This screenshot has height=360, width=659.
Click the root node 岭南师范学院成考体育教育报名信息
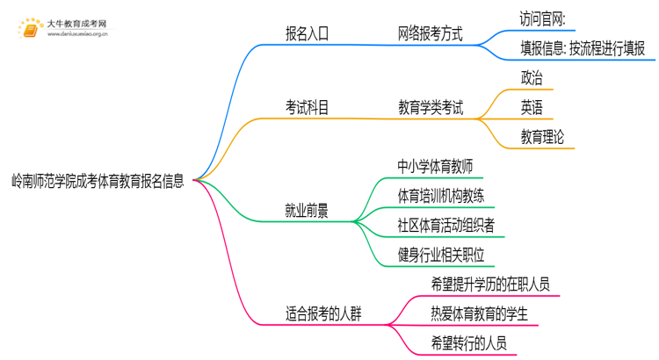[98, 182]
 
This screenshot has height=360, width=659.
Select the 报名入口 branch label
[307, 35]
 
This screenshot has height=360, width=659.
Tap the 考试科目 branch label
[307, 108]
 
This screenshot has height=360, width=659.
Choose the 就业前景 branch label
[307, 210]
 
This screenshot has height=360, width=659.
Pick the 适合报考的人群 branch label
[324, 313]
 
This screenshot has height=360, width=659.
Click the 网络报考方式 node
[430, 35]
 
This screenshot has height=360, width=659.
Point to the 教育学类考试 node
[430, 108]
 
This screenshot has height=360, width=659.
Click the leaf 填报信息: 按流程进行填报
[582, 49]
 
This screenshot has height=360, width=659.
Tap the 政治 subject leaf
[532, 78]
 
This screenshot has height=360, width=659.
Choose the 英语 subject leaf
[532, 108]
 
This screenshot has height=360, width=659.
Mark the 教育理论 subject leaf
[542, 137]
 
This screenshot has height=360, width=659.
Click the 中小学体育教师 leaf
[439, 166]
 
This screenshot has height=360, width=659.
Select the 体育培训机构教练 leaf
[445, 195]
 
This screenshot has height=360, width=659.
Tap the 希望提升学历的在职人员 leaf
[490, 284]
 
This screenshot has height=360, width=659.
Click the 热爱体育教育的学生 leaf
[479, 313]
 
